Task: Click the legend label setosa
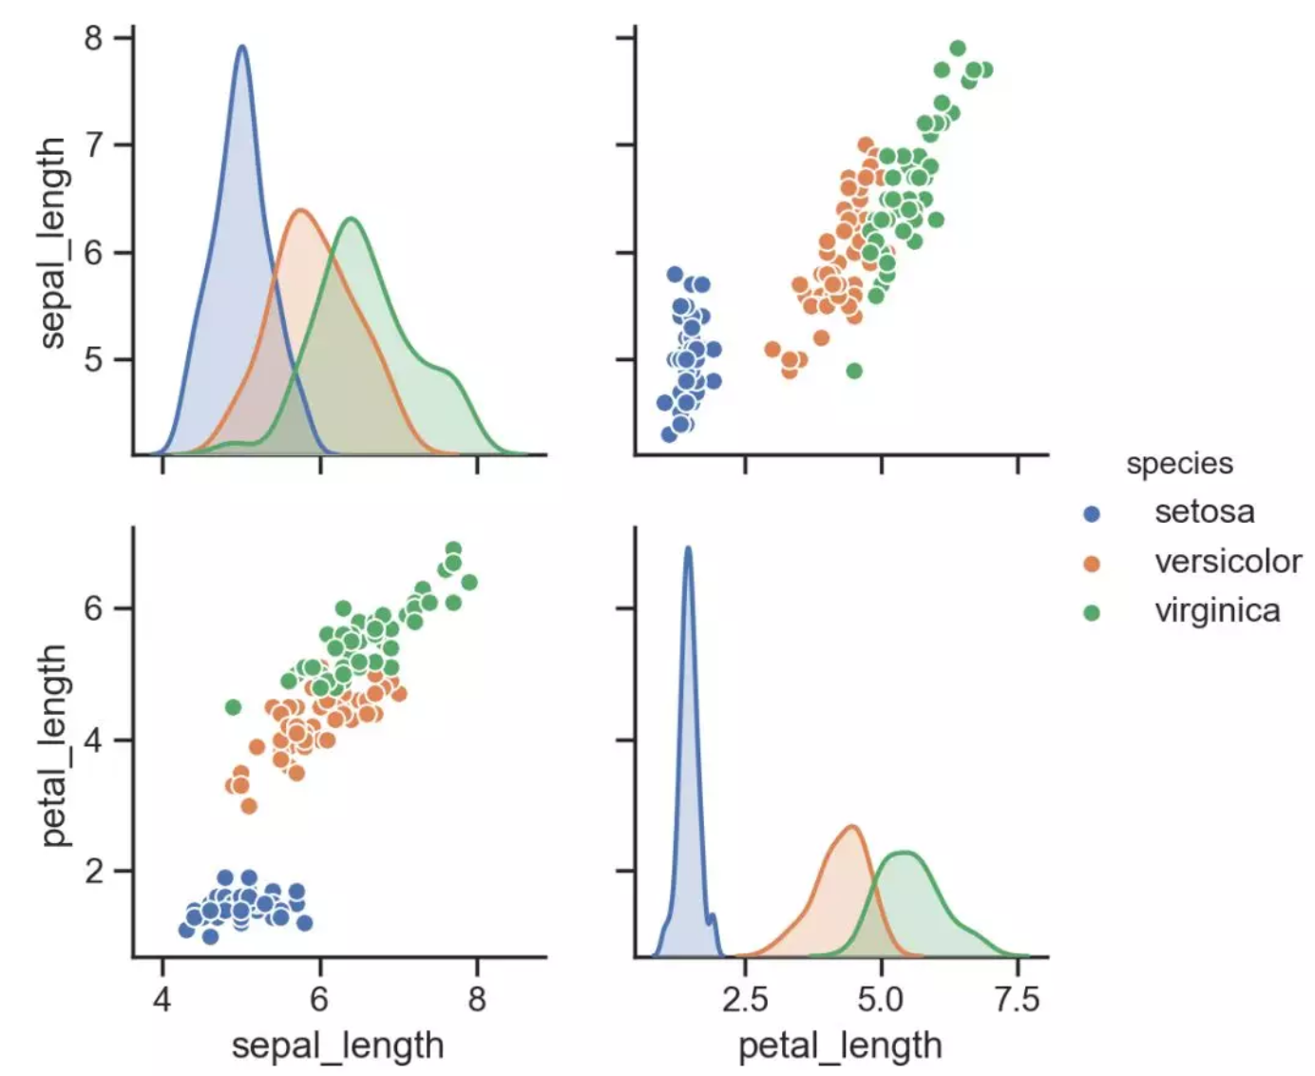click(x=1204, y=512)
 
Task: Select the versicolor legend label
click(x=1228, y=562)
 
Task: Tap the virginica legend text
click(x=1217, y=610)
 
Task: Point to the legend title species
click(x=1179, y=464)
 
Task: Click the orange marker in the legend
click(x=1092, y=564)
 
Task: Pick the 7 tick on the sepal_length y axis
click(x=97, y=145)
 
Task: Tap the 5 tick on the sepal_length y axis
click(x=97, y=360)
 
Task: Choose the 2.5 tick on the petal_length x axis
click(x=746, y=1000)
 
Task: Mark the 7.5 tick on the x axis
click(x=1018, y=1000)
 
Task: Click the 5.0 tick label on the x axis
click(x=882, y=1000)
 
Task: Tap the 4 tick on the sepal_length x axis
click(x=162, y=1000)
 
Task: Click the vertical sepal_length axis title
click(x=53, y=243)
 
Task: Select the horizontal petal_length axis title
click(x=840, y=1046)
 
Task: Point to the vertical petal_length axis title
click(x=53, y=745)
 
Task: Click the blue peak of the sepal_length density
click(x=241, y=47)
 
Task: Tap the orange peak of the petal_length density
click(x=852, y=827)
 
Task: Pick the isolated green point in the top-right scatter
click(x=854, y=371)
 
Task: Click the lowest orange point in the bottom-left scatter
click(x=249, y=806)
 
